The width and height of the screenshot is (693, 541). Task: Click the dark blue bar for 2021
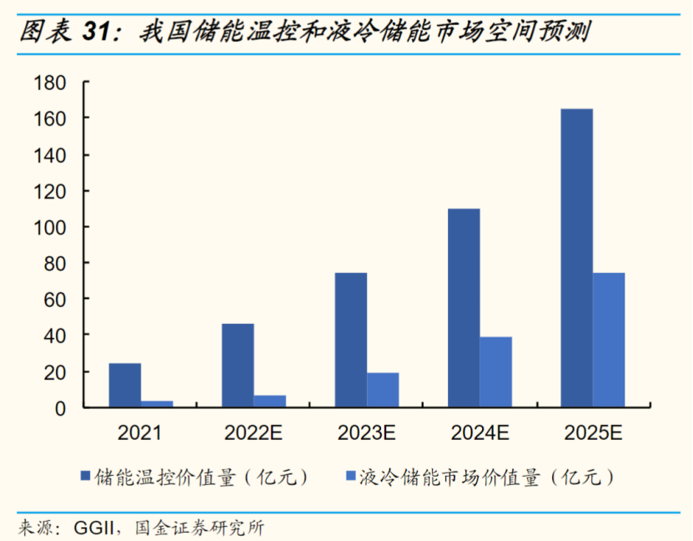(x=125, y=385)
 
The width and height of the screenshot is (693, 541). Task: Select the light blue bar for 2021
(x=157, y=404)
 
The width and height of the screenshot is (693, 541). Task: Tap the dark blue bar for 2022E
(x=238, y=365)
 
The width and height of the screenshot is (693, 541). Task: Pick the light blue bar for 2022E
(x=269, y=402)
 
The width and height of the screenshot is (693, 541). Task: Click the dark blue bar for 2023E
(x=351, y=340)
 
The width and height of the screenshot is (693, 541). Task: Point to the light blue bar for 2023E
(x=383, y=390)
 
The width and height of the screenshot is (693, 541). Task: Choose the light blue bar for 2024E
(x=495, y=372)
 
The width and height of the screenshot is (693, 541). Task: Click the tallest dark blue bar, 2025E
(x=577, y=258)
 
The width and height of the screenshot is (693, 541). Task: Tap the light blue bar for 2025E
(x=609, y=340)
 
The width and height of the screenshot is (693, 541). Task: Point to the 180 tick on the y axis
(x=50, y=83)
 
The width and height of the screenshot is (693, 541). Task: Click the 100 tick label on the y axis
(x=50, y=227)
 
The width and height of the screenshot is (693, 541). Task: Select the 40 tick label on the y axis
(x=55, y=336)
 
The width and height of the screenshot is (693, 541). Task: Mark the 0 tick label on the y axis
(x=60, y=407)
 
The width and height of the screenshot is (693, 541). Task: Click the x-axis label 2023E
(x=366, y=432)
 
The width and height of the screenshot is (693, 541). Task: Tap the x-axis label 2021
(x=140, y=432)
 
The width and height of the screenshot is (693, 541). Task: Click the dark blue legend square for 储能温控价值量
(x=85, y=477)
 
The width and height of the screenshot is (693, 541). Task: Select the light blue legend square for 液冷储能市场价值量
(x=350, y=477)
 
